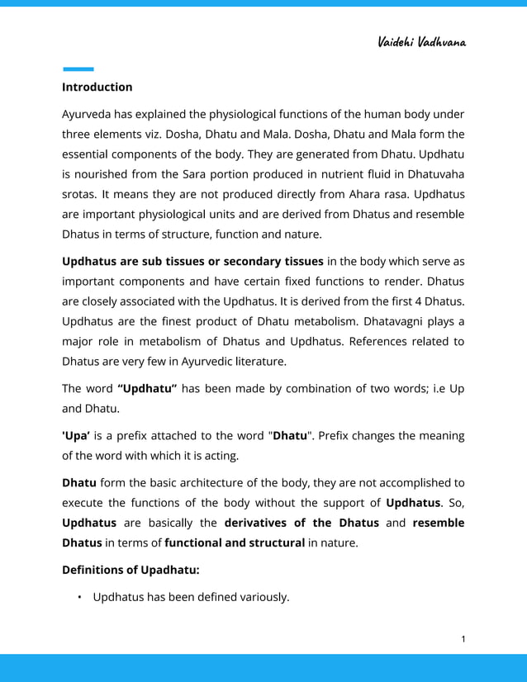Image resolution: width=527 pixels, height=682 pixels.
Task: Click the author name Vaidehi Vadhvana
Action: coord(421,41)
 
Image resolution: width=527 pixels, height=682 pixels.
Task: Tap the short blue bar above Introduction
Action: coord(78,69)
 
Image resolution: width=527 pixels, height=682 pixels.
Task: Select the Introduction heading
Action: coord(97,87)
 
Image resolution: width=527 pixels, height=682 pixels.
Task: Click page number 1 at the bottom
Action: coord(464,638)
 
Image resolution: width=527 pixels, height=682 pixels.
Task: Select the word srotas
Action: coord(80,194)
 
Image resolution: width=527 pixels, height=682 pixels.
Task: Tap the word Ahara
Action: coord(359,194)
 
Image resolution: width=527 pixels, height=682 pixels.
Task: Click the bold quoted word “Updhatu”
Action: coord(148,389)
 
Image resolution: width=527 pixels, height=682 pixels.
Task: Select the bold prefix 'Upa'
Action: coord(76,436)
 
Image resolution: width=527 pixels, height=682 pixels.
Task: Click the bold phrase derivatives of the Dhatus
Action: coord(301,523)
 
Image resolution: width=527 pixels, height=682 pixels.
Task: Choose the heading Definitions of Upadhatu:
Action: coord(131,570)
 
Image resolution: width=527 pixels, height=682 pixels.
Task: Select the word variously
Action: coord(263,597)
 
